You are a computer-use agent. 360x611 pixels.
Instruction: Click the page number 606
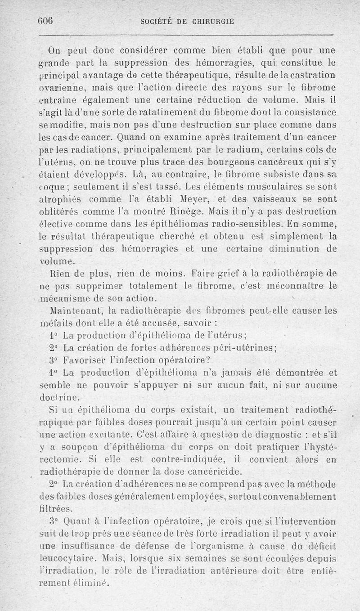click(45, 21)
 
